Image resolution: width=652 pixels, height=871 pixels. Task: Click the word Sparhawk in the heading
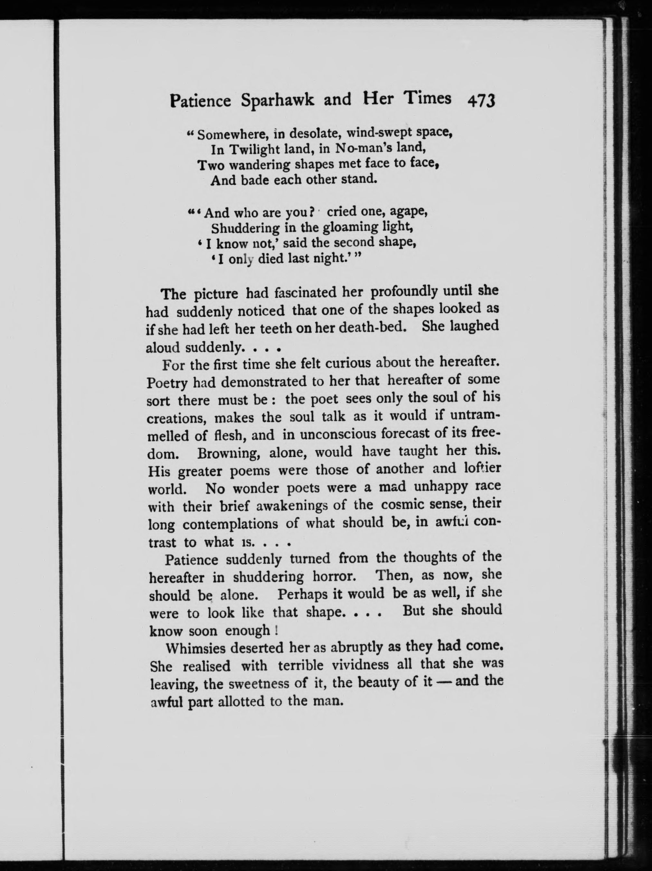pos(278,100)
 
